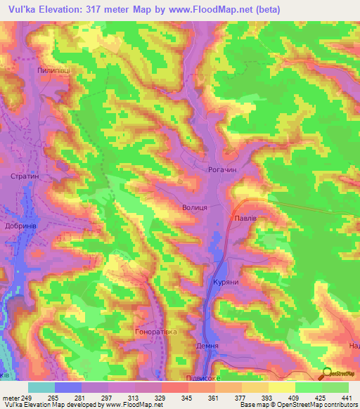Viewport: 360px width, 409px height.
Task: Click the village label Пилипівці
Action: (53, 71)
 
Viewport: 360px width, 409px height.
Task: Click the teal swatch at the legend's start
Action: (41, 387)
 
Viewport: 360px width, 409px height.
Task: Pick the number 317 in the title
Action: (115, 8)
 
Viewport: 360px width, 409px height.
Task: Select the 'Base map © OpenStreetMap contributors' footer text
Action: (295, 405)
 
